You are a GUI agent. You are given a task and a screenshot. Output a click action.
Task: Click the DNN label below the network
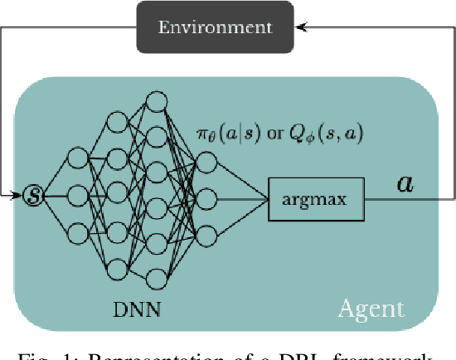coord(137,311)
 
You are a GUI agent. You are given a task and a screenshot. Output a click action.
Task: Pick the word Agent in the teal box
coord(371,309)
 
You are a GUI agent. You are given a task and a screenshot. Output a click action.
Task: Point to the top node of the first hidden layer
coord(77,158)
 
